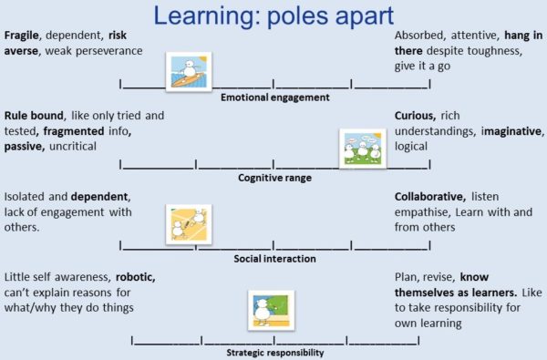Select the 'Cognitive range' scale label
[x=274, y=178]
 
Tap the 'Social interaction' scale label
[x=274, y=259]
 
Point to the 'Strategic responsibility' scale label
[x=274, y=351]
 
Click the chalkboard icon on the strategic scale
[x=271, y=310]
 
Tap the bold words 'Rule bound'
[x=34, y=117]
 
